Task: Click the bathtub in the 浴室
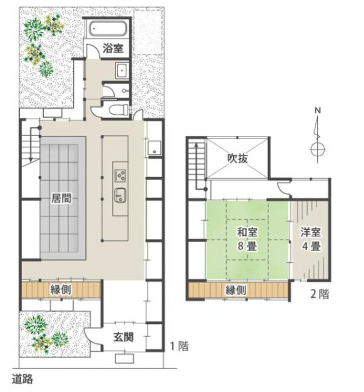click(x=108, y=29)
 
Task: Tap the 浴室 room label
click(x=113, y=48)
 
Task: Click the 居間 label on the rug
click(x=62, y=199)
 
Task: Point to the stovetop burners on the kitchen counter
click(x=120, y=176)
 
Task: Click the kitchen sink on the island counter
click(x=120, y=195)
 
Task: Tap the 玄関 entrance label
click(x=124, y=338)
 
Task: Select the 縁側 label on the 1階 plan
click(x=61, y=290)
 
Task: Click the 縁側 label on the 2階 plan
click(x=236, y=291)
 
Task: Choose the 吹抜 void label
click(x=238, y=158)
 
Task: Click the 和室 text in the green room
click(x=247, y=233)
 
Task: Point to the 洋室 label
click(x=310, y=233)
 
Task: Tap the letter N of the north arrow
click(x=318, y=111)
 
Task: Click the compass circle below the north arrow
click(x=318, y=150)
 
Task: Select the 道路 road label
click(x=22, y=379)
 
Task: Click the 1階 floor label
click(x=179, y=347)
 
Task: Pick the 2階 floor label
click(x=320, y=294)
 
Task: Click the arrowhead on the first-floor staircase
click(x=31, y=159)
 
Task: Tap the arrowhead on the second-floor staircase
click(x=197, y=145)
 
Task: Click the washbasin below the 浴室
click(x=122, y=70)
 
